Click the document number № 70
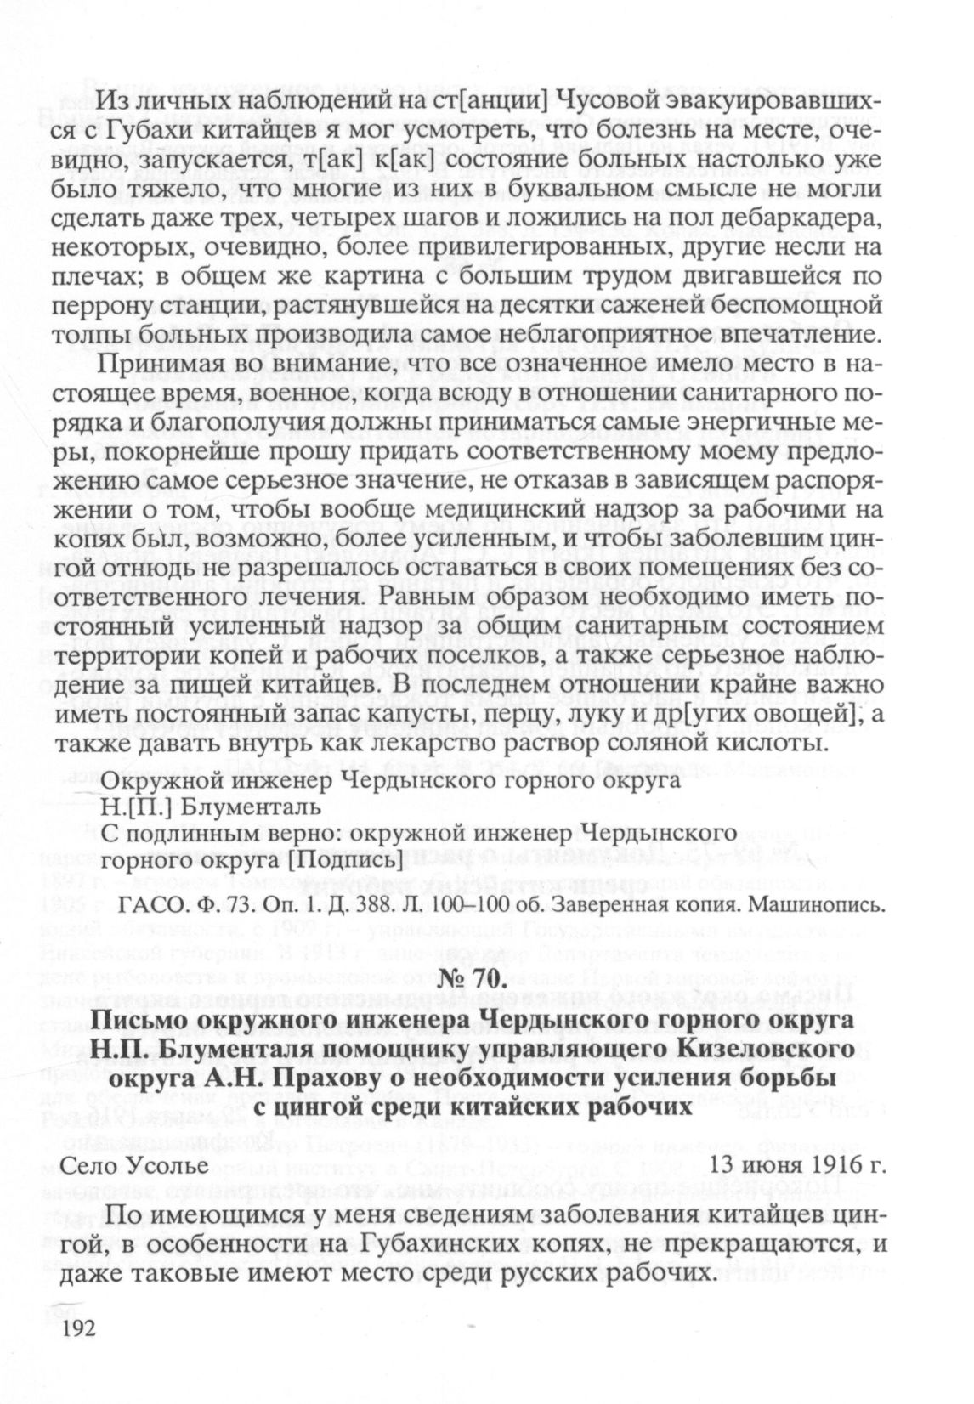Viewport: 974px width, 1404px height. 486,979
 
